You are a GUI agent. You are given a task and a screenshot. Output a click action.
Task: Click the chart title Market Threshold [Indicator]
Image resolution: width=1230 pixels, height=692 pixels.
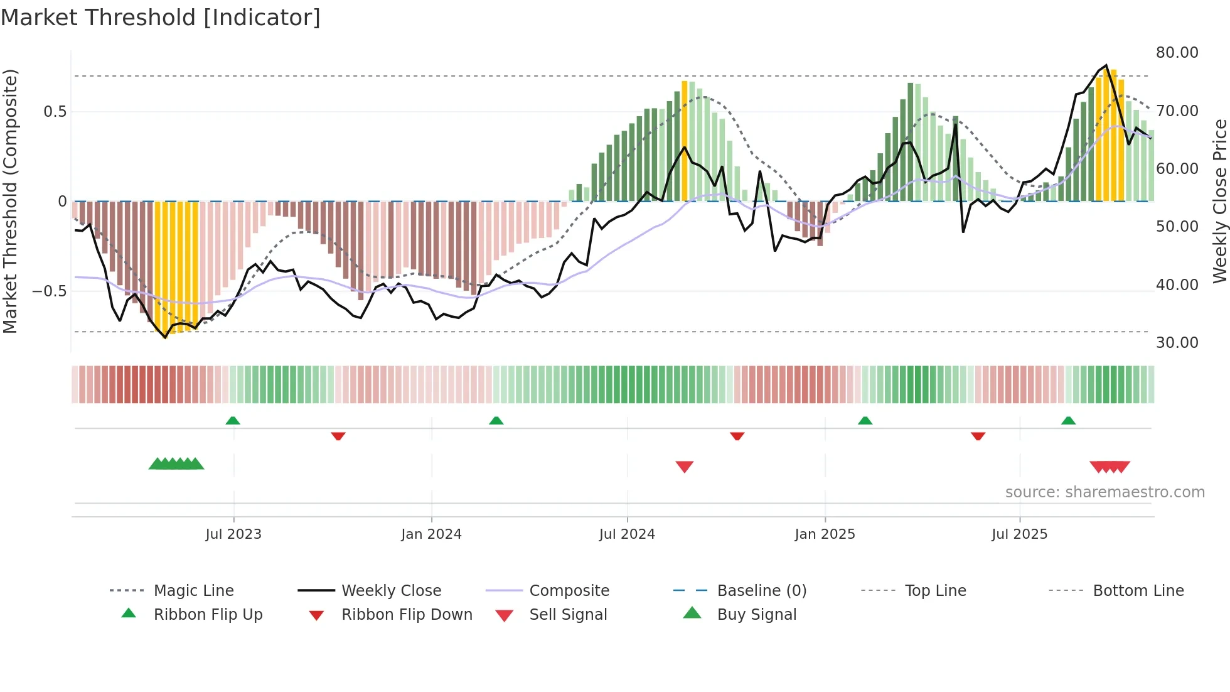[161, 18]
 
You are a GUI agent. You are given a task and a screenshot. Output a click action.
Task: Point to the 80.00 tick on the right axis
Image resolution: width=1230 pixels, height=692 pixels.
[1177, 53]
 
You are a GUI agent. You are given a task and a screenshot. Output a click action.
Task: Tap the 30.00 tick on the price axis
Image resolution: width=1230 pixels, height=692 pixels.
[1177, 343]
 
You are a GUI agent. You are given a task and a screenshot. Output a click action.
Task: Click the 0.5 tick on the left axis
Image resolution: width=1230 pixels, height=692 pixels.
[55, 112]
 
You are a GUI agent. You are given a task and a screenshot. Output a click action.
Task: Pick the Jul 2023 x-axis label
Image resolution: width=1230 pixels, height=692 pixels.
[233, 534]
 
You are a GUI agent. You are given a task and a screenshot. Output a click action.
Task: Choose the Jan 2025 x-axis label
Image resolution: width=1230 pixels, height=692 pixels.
[825, 534]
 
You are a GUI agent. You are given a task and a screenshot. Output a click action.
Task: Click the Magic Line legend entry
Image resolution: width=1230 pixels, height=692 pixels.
[193, 591]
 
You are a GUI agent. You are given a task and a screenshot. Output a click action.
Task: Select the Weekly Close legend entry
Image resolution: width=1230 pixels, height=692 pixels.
[391, 591]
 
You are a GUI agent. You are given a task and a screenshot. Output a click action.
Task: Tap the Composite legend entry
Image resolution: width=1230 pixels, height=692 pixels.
[569, 591]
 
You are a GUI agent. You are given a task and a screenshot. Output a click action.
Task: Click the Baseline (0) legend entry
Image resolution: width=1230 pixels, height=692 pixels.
[761, 591]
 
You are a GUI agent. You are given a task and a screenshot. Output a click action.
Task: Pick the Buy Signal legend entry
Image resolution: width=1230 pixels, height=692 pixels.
[756, 615]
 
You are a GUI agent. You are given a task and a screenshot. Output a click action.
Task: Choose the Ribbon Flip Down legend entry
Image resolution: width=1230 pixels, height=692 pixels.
[406, 615]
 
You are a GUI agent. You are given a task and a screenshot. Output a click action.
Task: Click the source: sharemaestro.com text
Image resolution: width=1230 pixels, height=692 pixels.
[1104, 492]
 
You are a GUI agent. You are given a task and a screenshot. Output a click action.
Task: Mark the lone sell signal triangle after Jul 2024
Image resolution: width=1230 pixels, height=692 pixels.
[684, 467]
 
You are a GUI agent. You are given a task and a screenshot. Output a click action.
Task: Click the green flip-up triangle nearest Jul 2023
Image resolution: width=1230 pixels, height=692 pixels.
[233, 421]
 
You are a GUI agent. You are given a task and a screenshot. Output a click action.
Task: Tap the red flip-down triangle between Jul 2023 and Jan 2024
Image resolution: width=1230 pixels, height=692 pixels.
[338, 436]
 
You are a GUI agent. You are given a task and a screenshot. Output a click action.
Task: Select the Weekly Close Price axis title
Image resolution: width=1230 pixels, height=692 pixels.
[1219, 201]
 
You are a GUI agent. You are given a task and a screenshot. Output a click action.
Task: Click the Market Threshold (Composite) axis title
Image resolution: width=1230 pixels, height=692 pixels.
[10, 201]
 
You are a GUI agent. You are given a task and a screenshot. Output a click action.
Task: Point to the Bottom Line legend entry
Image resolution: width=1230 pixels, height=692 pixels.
[1138, 591]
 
